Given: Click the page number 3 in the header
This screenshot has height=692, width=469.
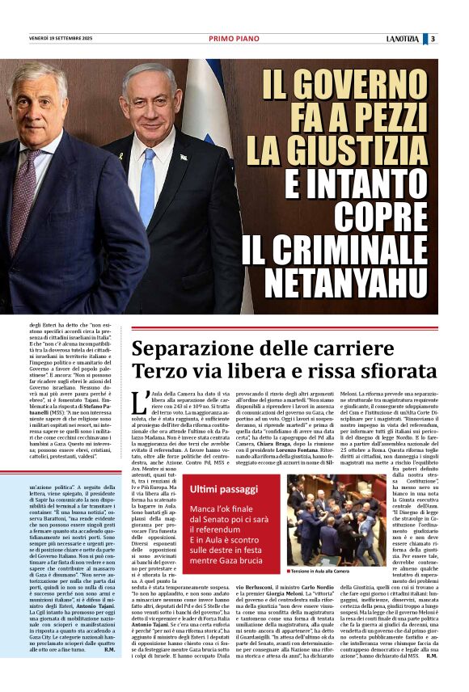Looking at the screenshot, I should (433, 38).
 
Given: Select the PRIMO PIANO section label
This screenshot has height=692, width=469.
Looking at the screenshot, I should (230, 38).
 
